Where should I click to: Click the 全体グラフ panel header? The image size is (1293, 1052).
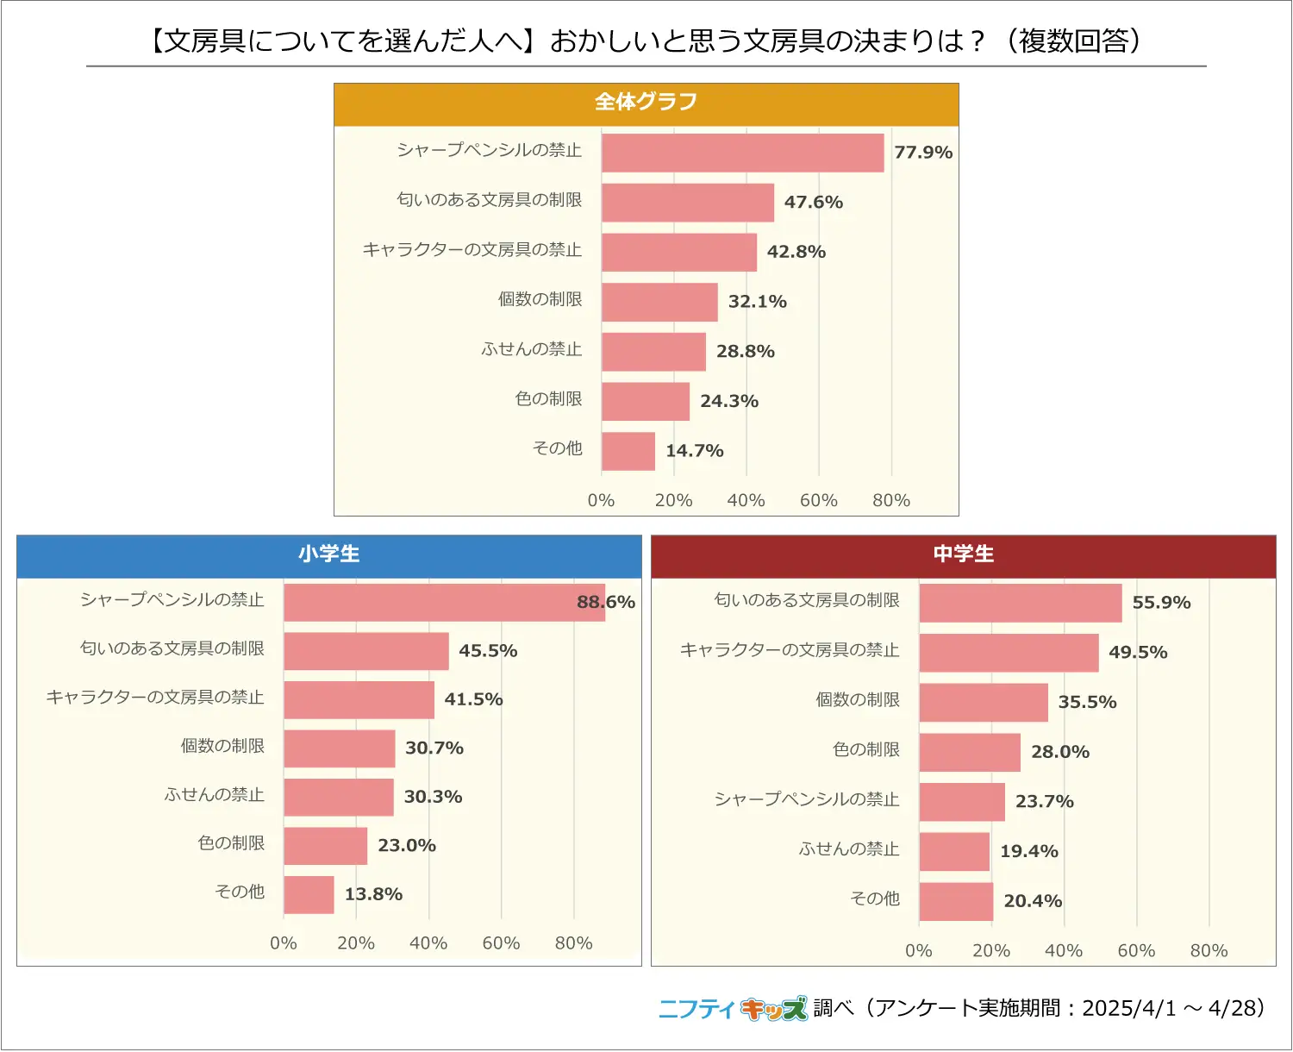(x=646, y=103)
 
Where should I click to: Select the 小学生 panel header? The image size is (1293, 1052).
(x=328, y=554)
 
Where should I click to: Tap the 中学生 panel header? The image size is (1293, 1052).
(x=963, y=554)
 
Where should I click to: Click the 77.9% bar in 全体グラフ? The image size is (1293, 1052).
(x=742, y=153)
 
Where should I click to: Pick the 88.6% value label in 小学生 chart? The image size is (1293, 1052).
(x=606, y=602)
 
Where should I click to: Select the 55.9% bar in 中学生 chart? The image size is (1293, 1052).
(x=1020, y=603)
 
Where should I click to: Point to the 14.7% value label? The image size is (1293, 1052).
(x=694, y=451)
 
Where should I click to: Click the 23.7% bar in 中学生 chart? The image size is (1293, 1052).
(x=961, y=802)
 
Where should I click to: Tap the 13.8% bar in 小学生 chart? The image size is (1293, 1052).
(x=309, y=895)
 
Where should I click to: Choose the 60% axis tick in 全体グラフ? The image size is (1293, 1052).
(x=818, y=500)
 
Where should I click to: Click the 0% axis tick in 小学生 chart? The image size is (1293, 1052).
(x=283, y=943)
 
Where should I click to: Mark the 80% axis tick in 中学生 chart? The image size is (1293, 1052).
(x=1209, y=951)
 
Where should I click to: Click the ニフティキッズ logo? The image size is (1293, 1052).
(x=733, y=1008)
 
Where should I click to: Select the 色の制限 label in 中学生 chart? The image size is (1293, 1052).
(x=866, y=750)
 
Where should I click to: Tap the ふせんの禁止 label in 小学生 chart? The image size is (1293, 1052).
(x=215, y=795)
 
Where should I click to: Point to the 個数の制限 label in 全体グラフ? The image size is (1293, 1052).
(x=540, y=300)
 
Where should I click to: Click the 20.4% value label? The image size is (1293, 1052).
(x=1033, y=901)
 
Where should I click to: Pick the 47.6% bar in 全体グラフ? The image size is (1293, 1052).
(x=687, y=203)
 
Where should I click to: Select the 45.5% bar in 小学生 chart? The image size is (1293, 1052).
(x=365, y=651)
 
